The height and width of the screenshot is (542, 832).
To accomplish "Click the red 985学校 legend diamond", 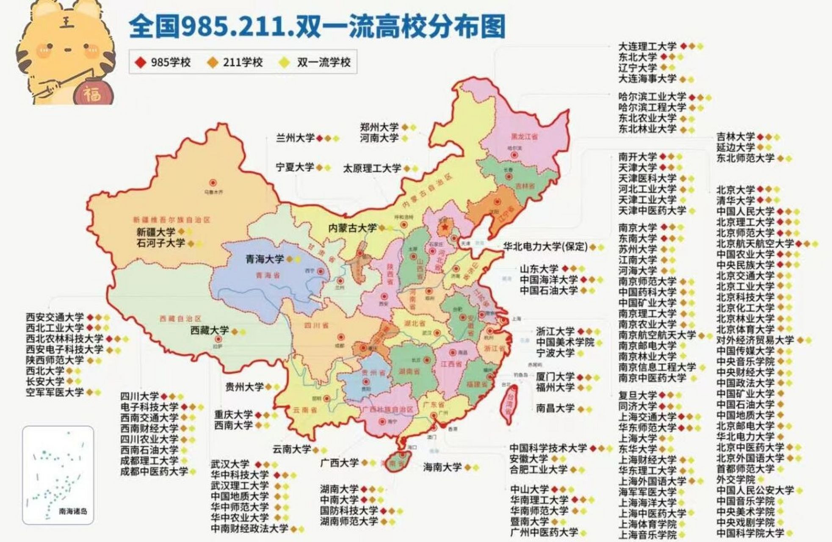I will (x=141, y=63).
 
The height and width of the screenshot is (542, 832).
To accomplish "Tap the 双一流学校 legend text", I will (x=323, y=63).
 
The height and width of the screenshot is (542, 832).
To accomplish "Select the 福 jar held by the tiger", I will (x=92, y=93).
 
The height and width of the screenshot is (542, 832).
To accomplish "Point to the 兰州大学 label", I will (x=295, y=138).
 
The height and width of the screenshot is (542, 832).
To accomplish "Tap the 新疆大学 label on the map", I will (x=155, y=232).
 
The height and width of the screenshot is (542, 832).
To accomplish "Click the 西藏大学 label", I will (x=209, y=331).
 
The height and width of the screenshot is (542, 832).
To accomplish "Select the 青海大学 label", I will (x=265, y=259).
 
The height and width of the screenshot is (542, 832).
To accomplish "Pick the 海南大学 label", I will (x=442, y=467).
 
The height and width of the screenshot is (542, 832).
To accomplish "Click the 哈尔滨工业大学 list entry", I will (x=652, y=97).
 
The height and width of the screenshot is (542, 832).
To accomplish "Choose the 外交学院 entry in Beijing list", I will (x=735, y=480).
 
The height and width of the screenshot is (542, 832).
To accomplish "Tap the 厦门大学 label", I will (x=555, y=376).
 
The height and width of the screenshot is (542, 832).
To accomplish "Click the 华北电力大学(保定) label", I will (x=545, y=247).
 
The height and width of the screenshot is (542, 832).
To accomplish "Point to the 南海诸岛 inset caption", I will (x=73, y=511).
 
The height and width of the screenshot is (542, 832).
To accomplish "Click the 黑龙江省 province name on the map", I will (x=524, y=137).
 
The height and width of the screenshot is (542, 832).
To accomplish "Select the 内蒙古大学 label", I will (x=352, y=228).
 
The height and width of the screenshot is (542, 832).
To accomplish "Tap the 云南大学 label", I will (x=291, y=449).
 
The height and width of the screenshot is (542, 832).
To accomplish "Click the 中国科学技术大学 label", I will (x=548, y=448).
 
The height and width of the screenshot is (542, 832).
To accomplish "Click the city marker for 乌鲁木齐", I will (x=213, y=183).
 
